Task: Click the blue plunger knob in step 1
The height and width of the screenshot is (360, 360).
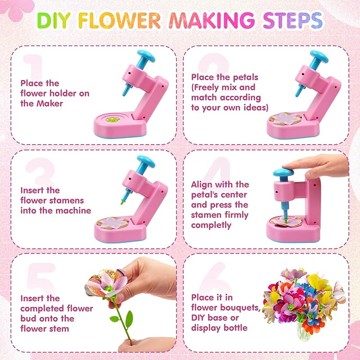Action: [144, 55]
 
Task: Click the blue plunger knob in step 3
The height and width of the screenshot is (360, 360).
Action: [144, 160]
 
